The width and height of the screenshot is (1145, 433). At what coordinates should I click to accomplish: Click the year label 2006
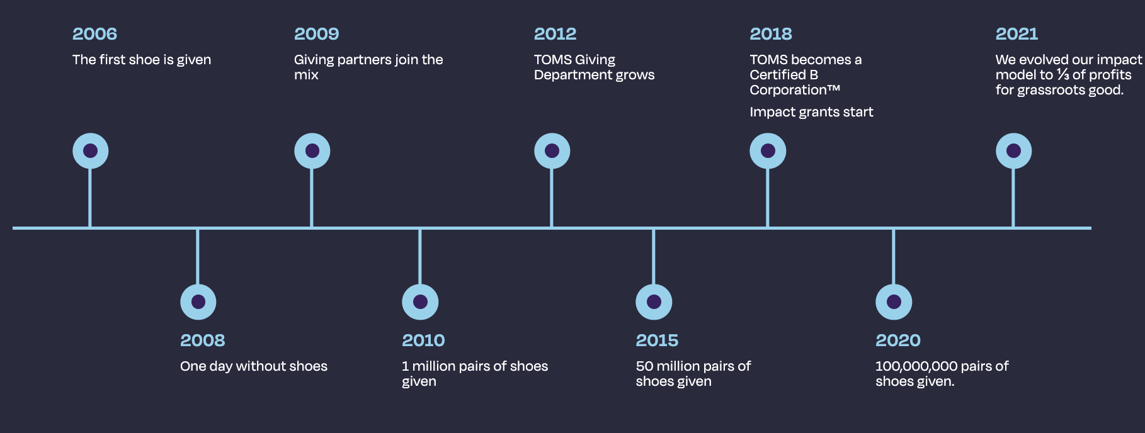(94, 34)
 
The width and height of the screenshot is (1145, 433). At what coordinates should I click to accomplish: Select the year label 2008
(202, 340)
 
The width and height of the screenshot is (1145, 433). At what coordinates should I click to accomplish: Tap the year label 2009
(316, 34)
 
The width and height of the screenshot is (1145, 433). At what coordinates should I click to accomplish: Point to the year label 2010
(423, 340)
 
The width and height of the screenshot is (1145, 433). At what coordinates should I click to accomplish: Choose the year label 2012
(555, 34)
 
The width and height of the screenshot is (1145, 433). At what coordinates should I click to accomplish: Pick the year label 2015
(657, 340)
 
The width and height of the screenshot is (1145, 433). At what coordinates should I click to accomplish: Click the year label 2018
(771, 34)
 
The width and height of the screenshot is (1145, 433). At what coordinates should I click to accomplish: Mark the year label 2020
(898, 340)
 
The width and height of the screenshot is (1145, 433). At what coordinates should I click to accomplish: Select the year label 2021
(1017, 34)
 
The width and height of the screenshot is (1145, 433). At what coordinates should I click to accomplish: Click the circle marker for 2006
(90, 151)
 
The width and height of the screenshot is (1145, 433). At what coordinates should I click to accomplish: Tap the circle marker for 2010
(420, 302)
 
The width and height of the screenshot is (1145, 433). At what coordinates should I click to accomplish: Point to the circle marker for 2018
(768, 151)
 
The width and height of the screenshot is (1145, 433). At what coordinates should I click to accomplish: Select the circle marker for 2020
(894, 302)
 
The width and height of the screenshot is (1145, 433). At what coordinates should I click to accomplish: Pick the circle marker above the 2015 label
(654, 302)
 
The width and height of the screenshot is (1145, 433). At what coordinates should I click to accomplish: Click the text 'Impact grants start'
(811, 112)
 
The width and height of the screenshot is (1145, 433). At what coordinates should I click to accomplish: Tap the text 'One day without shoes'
(254, 366)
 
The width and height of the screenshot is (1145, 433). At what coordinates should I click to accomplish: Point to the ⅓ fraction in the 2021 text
(1062, 75)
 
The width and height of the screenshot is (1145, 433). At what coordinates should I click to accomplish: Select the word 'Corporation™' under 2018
(795, 90)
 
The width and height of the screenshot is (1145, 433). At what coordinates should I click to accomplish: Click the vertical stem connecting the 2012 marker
(552, 198)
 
